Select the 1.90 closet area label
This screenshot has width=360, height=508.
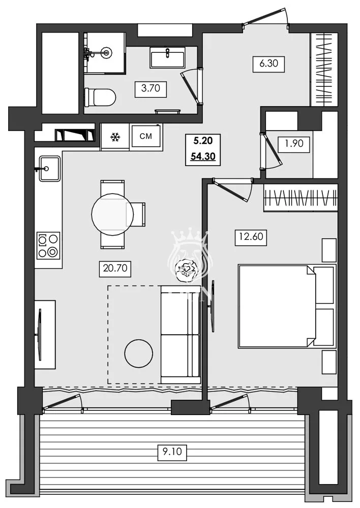click(x=293, y=143)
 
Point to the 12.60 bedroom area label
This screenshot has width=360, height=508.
click(x=250, y=237)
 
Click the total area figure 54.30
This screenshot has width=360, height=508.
click(x=203, y=156)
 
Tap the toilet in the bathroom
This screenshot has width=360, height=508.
click(x=100, y=96)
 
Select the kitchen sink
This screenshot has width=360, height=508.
click(x=49, y=168)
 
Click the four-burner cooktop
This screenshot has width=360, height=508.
click(x=48, y=245)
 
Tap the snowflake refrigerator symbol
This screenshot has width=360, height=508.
click(x=115, y=137)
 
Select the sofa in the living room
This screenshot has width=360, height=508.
click(x=180, y=334)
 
